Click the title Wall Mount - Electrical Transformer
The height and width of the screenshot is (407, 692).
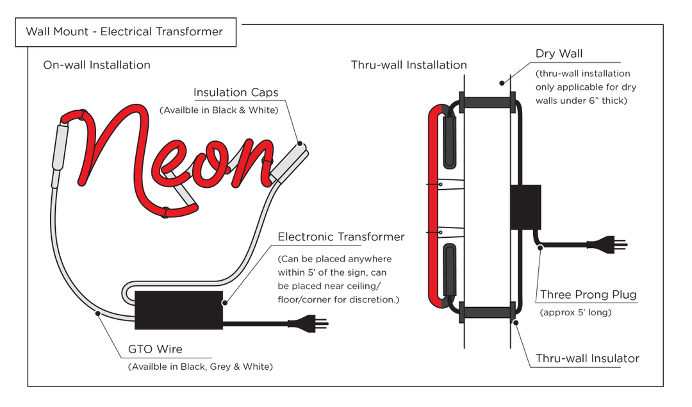[x=124, y=31]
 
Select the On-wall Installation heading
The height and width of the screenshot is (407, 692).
[x=97, y=65]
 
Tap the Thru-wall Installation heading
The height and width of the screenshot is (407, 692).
[x=409, y=65]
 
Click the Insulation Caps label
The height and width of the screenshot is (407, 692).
[x=236, y=94]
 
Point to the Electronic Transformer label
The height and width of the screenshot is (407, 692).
[x=341, y=237]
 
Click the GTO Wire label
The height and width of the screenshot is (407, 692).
[x=156, y=349]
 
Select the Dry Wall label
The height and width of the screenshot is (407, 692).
[x=559, y=53]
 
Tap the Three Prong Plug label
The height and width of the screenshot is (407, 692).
[x=588, y=295]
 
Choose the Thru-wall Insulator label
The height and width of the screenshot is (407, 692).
[x=588, y=358]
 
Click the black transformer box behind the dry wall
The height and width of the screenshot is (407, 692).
[x=525, y=208]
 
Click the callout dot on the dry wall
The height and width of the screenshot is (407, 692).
[x=502, y=83]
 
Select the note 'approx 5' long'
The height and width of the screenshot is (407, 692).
[x=576, y=313]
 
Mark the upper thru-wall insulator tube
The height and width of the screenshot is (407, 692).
[x=486, y=102]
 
